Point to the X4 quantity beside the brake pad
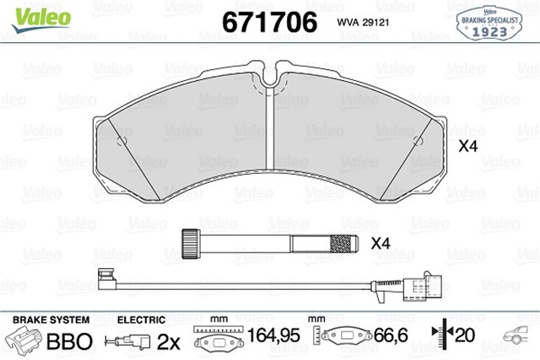click(x=467, y=146)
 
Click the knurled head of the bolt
click(x=190, y=244)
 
